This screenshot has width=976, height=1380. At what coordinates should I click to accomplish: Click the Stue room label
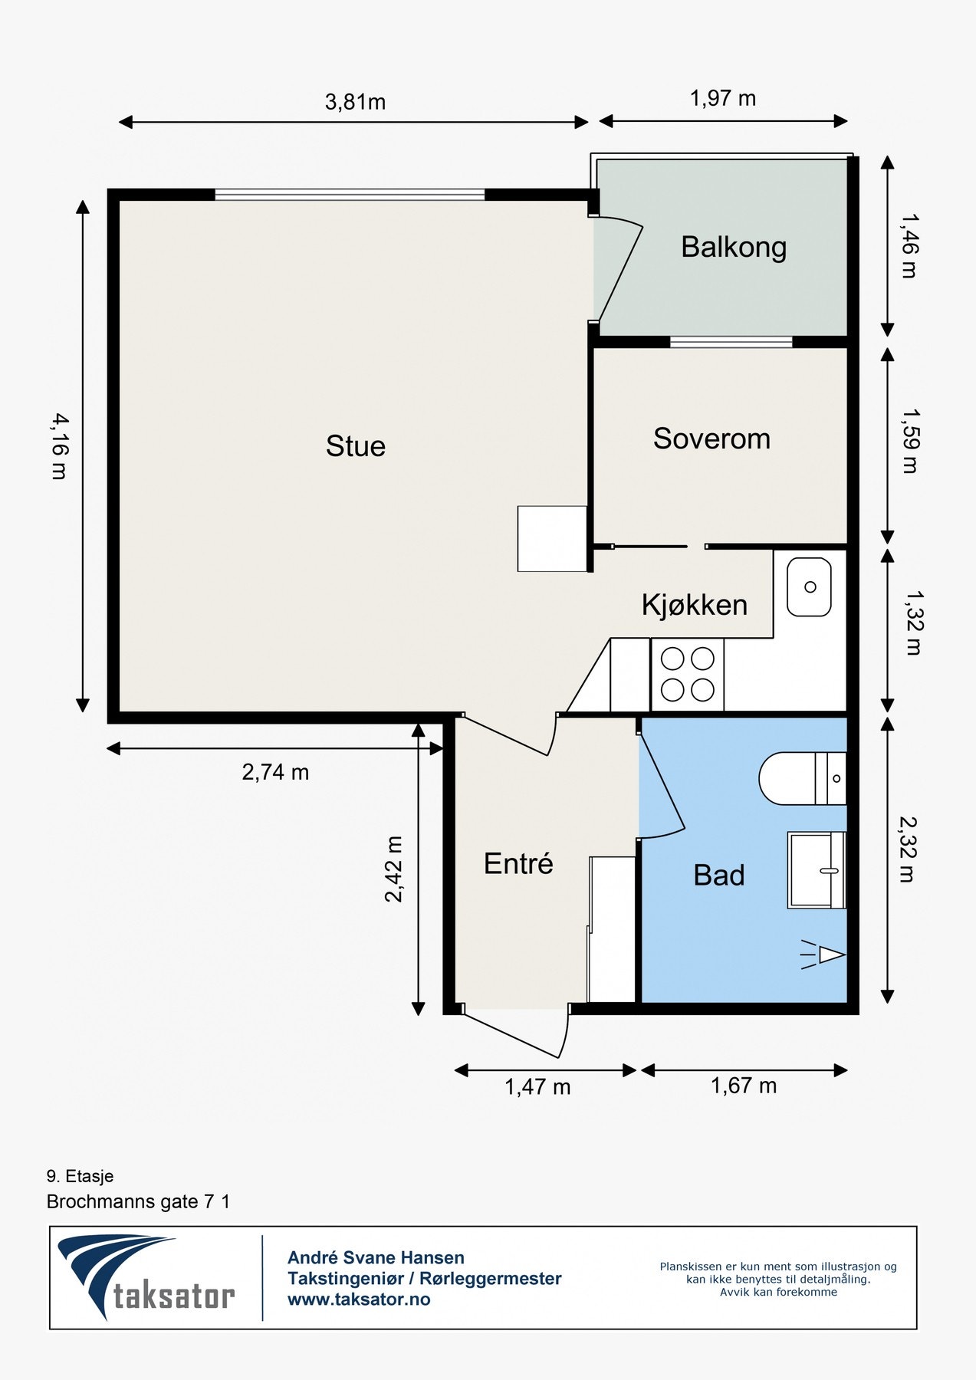355,446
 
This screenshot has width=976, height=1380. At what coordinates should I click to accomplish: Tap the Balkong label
734,248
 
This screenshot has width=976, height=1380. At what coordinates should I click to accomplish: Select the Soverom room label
711,439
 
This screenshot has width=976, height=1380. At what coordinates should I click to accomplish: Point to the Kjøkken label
694,605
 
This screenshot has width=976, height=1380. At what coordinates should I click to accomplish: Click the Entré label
518,863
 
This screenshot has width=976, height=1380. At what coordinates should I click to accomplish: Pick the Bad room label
719,876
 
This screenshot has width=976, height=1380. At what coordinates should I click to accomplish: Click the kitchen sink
810,587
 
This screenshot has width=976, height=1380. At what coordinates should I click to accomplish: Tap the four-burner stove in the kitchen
688,675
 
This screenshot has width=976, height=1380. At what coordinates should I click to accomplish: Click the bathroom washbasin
817,870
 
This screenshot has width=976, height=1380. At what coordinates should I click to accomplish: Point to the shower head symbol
823,955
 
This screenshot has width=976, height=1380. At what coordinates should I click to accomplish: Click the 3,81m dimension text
355,101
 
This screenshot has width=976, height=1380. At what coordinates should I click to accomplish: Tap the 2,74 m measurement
275,772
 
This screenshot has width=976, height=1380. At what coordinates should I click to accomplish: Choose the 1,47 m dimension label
537,1086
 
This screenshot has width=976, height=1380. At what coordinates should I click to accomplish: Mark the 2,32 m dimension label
908,849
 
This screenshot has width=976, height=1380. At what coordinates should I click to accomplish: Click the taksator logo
146,1276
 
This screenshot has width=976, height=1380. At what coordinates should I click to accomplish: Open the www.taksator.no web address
359,1299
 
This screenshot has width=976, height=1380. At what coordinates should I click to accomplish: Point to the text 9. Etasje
80,1176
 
